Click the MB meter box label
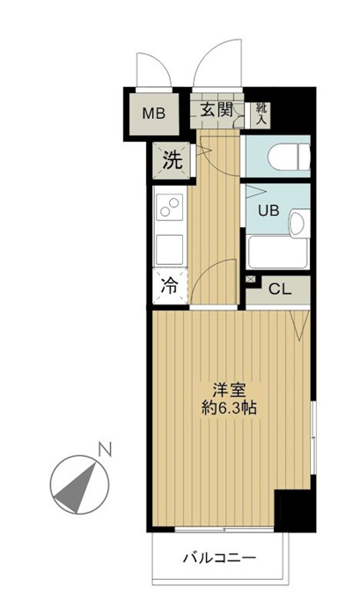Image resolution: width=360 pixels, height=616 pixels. [154, 114]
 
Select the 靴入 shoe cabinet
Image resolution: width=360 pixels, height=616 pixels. [261, 114]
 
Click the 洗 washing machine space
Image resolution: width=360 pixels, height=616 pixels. [173, 160]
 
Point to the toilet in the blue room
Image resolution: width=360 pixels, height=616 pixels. [290, 157]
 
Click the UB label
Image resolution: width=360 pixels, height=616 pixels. [268, 210]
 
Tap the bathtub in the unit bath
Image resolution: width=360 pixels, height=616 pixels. [277, 253]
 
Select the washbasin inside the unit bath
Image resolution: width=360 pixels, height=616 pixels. [299, 223]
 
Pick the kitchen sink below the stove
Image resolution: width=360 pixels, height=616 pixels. [169, 249]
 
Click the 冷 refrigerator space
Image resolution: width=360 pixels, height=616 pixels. [170, 286]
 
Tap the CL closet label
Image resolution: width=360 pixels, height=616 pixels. [280, 290]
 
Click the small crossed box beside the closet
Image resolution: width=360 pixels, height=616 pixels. [250, 279]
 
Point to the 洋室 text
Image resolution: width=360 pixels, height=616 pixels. [229, 391]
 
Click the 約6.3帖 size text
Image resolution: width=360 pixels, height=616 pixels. [229, 408]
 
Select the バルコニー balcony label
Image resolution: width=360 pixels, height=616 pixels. [220, 557]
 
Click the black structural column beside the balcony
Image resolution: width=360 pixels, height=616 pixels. [295, 510]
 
